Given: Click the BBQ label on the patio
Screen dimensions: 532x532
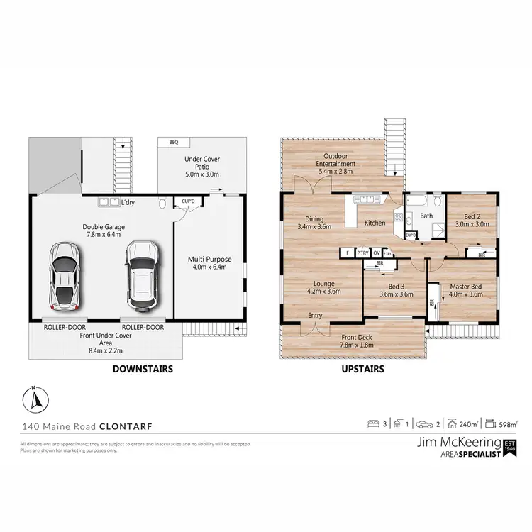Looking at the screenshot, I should pyautogui.click(x=174, y=143).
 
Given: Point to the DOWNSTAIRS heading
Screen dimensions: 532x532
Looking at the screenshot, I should pyautogui.click(x=143, y=369).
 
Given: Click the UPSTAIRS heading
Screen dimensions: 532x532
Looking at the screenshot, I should pyautogui.click(x=363, y=369).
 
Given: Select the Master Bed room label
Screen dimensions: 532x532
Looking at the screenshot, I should pyautogui.click(x=466, y=286).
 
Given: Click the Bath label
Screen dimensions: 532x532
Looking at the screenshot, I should pyautogui.click(x=426, y=216).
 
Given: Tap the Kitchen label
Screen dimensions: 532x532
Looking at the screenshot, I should pyautogui.click(x=375, y=223).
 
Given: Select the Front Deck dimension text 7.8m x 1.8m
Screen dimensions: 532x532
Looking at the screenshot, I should pyautogui.click(x=357, y=345).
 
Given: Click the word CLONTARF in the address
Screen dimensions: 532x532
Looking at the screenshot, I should pyautogui.click(x=125, y=426).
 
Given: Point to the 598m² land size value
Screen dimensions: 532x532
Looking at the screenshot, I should pyautogui.click(x=507, y=424).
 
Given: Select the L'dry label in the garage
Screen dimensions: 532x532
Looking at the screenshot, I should pyautogui.click(x=128, y=203).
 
